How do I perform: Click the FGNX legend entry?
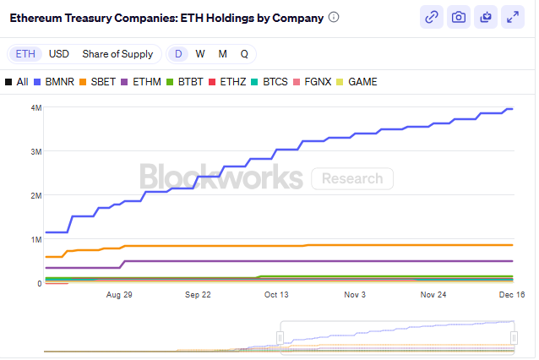click(314, 82)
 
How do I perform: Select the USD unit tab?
click(59, 54)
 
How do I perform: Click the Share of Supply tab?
click(117, 54)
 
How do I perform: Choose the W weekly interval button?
click(200, 54)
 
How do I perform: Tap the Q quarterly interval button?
click(244, 54)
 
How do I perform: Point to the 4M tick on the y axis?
click(35, 107)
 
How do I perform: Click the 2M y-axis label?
click(35, 195)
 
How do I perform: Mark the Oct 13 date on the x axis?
click(276, 295)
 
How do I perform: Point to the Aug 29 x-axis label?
click(119, 295)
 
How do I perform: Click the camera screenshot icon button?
click(459, 17)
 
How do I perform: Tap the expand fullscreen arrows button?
click(513, 17)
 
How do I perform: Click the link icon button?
click(432, 17)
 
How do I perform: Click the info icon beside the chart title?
click(334, 17)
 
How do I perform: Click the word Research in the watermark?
click(352, 178)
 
